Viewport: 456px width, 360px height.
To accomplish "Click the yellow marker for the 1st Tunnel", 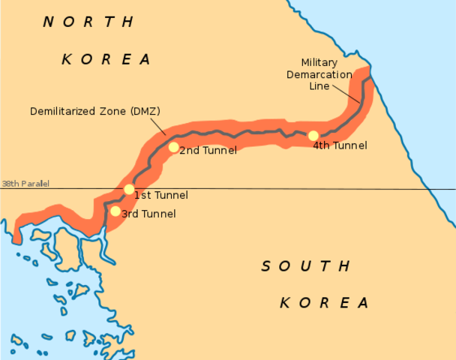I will (x=129, y=189).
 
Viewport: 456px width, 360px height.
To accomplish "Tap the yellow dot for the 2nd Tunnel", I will (x=173, y=147).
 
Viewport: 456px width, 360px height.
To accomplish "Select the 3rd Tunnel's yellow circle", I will (x=115, y=211).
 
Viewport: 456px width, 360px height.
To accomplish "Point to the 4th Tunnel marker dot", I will (x=313, y=136).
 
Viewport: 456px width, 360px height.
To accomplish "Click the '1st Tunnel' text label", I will (x=160, y=196).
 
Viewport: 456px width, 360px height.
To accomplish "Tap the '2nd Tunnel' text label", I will (x=208, y=151).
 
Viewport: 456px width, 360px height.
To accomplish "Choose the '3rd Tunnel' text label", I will (x=148, y=214).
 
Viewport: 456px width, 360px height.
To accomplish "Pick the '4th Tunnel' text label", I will (x=340, y=145).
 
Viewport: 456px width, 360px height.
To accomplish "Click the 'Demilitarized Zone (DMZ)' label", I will (x=95, y=111).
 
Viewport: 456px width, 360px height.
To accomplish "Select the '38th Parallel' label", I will (x=25, y=184).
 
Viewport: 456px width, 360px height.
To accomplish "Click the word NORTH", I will (x=88, y=22).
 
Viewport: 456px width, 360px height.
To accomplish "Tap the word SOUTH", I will (x=305, y=265).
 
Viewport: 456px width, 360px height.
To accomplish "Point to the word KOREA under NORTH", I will (x=106, y=58).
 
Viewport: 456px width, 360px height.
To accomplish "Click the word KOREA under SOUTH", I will (x=324, y=303).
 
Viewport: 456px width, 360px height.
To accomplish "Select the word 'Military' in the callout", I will (x=319, y=62).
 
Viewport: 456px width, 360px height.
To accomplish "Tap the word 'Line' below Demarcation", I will (x=319, y=86).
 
